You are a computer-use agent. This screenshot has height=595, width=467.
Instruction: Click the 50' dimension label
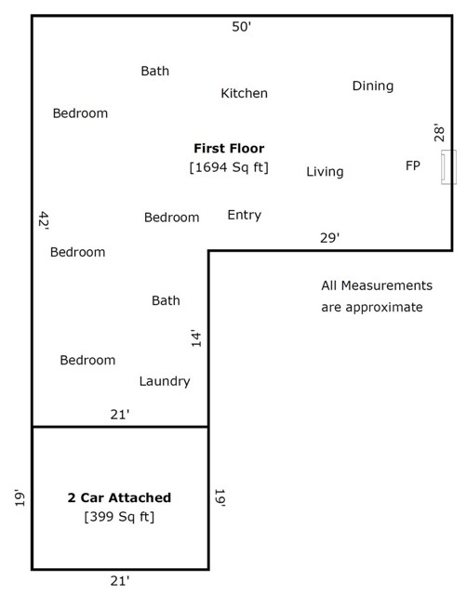[x=242, y=27]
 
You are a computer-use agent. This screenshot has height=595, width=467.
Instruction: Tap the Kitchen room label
[x=244, y=93]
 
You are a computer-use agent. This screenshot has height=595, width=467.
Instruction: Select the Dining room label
[x=373, y=86]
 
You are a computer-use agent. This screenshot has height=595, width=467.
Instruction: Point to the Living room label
[x=325, y=171]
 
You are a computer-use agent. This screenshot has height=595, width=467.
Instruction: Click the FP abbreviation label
[x=413, y=165]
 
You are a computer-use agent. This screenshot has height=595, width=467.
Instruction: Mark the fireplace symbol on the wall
[x=448, y=167]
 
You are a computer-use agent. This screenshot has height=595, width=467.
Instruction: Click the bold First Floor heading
[x=229, y=148]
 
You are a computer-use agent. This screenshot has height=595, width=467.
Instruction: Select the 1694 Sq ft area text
[x=229, y=167]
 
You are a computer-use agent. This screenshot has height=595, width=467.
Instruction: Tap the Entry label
[x=244, y=215]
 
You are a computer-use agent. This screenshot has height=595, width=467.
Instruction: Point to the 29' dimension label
[x=329, y=238]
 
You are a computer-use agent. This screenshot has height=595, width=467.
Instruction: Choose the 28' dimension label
[x=439, y=132]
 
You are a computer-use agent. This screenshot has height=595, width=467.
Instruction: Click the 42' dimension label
[x=44, y=221]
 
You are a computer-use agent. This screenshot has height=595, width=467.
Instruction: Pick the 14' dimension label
[x=196, y=338]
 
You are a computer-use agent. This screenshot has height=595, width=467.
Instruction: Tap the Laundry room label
[x=165, y=381]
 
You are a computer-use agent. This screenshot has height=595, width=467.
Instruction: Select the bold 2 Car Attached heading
[x=119, y=497]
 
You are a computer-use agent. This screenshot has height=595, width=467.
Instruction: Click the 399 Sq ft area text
[x=119, y=517]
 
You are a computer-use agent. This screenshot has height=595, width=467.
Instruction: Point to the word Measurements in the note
[x=386, y=285]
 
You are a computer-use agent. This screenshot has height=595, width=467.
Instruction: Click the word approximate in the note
[x=384, y=308]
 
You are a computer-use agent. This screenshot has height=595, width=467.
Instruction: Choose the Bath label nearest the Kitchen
[x=155, y=71]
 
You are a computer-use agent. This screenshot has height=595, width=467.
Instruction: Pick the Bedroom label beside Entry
[x=171, y=218]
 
